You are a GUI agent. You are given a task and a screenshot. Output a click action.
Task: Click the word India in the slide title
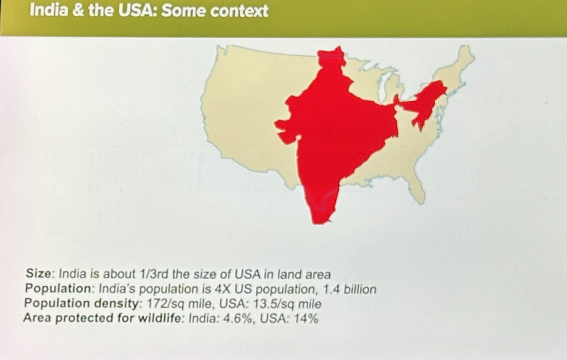pos(48,10)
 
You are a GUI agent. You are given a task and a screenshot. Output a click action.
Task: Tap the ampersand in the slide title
pos(78,10)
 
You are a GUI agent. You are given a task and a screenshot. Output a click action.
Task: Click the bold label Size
pos(39,273)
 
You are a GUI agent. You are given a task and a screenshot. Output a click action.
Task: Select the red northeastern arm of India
pos(424,102)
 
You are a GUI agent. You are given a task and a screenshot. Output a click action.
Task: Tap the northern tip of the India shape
pos(338,47)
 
